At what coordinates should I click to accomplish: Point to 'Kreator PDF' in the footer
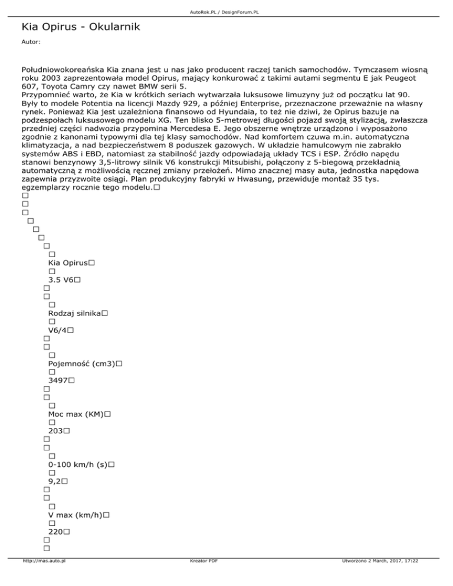pyautogui.click(x=201, y=578)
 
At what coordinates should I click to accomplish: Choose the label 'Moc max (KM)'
pyautogui.click(x=75, y=414)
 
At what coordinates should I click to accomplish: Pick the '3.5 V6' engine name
pyautogui.click(x=60, y=281)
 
